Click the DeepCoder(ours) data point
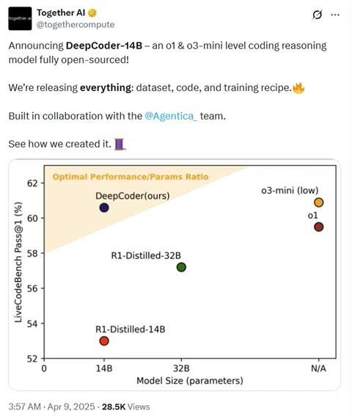point(104,208)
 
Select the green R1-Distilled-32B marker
point(181,266)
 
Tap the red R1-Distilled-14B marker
point(104,340)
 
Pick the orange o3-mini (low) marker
point(318,203)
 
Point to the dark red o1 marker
point(318,227)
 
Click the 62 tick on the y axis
point(33,183)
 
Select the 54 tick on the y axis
point(33,324)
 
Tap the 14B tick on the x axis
point(103,368)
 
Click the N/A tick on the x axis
point(318,368)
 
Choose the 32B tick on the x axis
point(181,368)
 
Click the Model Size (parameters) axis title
point(189,381)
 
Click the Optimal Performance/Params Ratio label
point(130,177)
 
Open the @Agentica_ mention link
point(172,115)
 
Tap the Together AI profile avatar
point(19,18)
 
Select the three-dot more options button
point(335,15)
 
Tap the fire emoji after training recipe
point(298,87)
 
